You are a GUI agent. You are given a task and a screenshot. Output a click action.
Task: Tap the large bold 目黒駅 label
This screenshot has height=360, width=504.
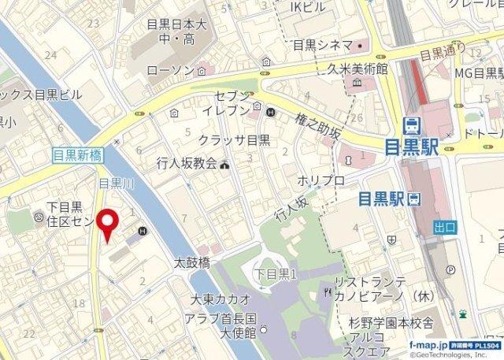tap(413, 147)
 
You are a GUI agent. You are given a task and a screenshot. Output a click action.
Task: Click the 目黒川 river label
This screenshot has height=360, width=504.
tap(114, 183)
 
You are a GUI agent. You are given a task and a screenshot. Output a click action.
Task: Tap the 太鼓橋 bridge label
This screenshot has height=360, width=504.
tap(191, 262)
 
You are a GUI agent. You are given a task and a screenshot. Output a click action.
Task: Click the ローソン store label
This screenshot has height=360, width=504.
tap(170, 71)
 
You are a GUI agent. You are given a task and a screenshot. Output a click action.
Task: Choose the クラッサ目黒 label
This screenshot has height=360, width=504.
tap(235, 140)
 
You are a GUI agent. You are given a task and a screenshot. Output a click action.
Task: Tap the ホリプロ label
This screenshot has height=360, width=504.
tap(321, 180)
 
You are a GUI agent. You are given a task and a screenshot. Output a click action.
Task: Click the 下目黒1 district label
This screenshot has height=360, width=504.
tap(275, 273)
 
